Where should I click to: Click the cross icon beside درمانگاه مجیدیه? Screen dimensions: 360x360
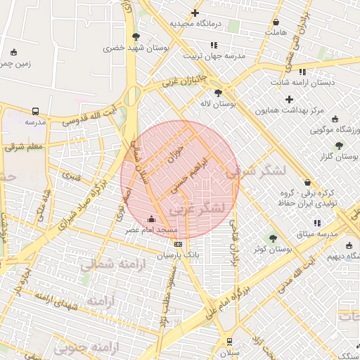click(x=195, y=13)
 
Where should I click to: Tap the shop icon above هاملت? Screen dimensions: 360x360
click(x=276, y=22)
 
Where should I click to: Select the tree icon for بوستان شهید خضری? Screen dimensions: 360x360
click(x=136, y=37)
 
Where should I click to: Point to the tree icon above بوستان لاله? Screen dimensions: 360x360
click(x=219, y=92)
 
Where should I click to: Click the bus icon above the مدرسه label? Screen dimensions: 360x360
click(x=35, y=111)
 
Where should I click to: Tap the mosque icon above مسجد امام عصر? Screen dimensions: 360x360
click(x=153, y=219)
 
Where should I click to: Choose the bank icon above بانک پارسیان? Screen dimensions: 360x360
click(x=176, y=245)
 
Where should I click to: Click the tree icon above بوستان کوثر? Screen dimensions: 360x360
click(x=273, y=237)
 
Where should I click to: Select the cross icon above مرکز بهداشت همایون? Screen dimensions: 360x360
click(x=289, y=99)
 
